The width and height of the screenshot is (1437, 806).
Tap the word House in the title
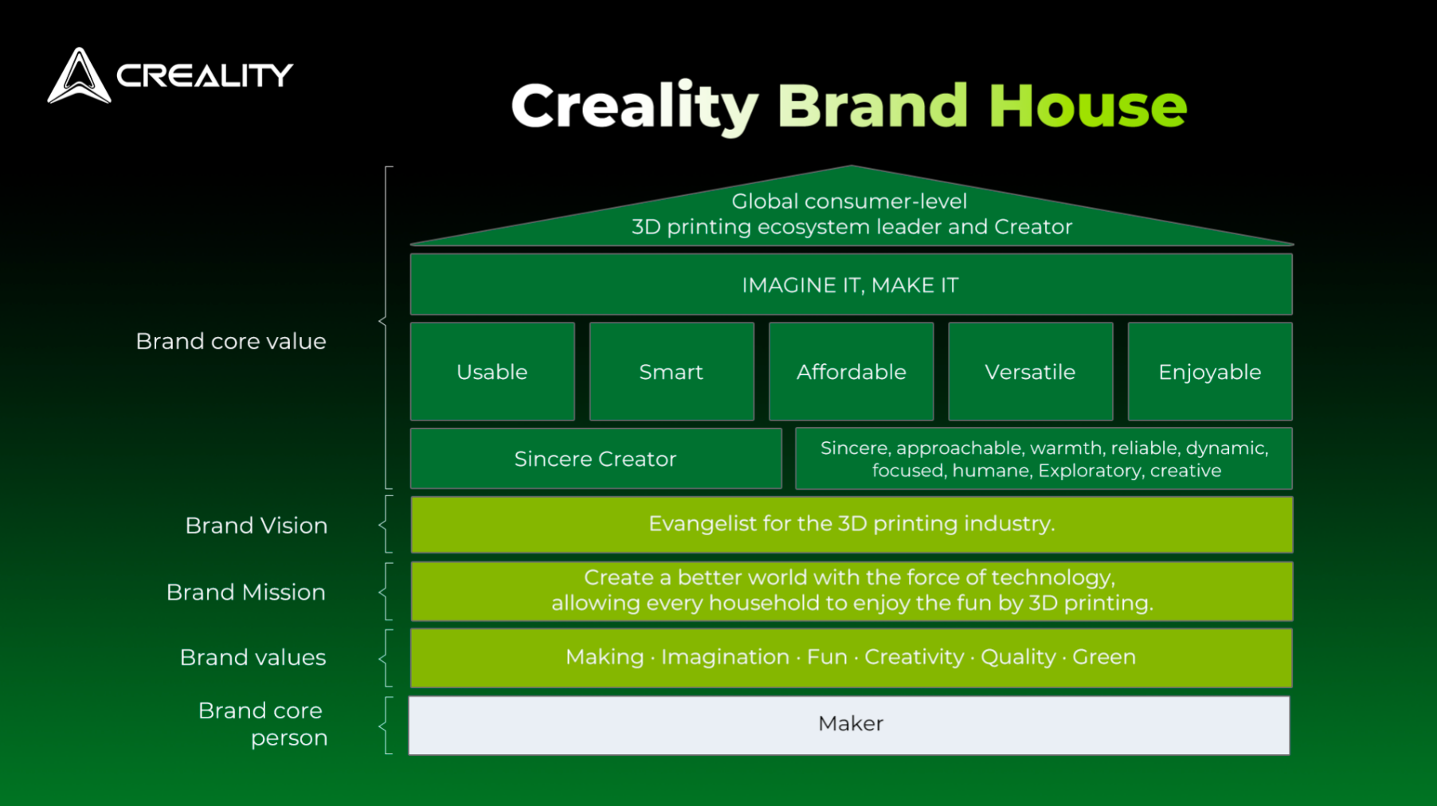point(1087,106)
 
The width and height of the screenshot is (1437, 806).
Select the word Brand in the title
point(872,106)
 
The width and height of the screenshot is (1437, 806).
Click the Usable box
point(492,371)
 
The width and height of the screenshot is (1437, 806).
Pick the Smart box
point(672,371)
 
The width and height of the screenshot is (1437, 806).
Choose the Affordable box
point(851,371)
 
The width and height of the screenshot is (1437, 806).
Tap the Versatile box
point(1030,371)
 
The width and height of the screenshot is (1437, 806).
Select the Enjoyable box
point(1210,371)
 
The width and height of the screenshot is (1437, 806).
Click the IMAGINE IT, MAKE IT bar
point(851,284)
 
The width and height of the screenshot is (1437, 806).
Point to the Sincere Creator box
point(596,459)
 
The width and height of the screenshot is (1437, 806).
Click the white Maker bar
point(849,725)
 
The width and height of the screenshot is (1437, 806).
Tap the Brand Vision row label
point(256,526)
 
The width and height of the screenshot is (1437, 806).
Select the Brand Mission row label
point(245,593)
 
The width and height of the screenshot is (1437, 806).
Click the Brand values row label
point(253,658)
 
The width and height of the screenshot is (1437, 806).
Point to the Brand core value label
point(231,342)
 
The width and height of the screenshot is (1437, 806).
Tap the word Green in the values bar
point(1104,657)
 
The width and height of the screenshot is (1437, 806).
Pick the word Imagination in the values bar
point(725,658)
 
